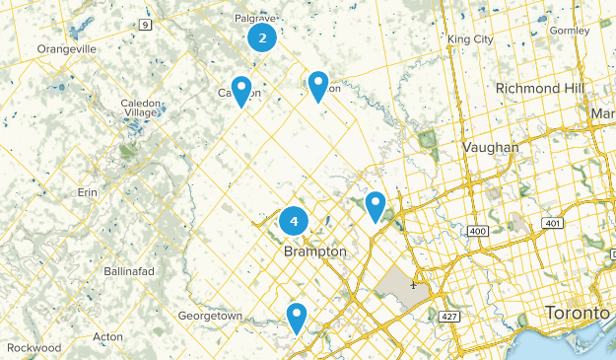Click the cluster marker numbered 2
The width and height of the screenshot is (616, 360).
coord(261,38)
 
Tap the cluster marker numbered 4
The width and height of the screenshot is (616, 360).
coord(294,221)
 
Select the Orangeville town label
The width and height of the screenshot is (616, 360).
coord(67,48)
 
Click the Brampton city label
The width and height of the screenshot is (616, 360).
coord(314,252)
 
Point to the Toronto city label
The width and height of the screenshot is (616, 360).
coord(578,313)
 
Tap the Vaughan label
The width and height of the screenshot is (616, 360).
coord(490,147)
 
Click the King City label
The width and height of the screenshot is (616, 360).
coord(469,39)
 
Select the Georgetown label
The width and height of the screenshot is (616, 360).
coord(210,316)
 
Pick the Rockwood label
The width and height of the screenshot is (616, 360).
coord(33,348)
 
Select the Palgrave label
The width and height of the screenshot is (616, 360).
coord(254,18)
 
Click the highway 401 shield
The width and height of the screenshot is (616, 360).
coord(552,224)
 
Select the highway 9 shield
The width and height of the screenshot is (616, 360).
coord(146,24)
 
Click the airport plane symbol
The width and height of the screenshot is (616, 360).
coord(413,286)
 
